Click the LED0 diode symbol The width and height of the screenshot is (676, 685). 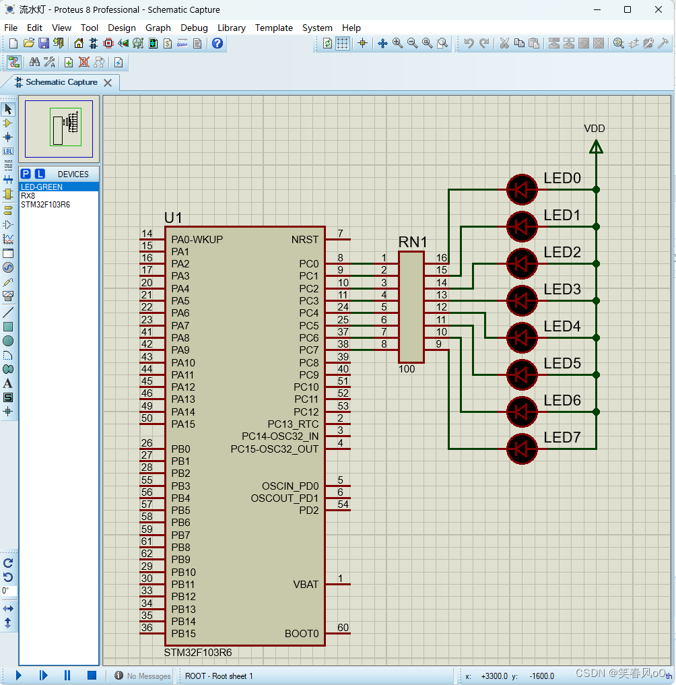point(522,190)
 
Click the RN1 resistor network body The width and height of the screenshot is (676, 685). point(411,307)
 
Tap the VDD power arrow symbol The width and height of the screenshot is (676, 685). point(596,146)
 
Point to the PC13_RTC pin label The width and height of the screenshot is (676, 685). point(293,424)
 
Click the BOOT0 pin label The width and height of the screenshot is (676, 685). point(302,634)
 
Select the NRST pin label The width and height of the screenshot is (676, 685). point(305,240)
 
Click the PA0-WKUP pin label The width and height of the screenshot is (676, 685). point(197,240)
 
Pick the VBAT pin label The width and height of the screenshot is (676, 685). point(306,585)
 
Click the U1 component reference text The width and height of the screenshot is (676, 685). point(173,218)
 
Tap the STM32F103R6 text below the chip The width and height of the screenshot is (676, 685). point(198,653)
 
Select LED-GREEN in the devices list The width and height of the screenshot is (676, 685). point(42,187)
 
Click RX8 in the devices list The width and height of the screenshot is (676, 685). point(28,196)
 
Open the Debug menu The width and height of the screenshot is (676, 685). point(194,28)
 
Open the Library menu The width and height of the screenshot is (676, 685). point(231,28)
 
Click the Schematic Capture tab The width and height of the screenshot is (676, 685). point(61,82)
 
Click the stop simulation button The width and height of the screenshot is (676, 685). point(92,675)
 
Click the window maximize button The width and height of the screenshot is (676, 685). point(628,9)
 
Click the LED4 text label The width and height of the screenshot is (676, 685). point(562,327)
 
